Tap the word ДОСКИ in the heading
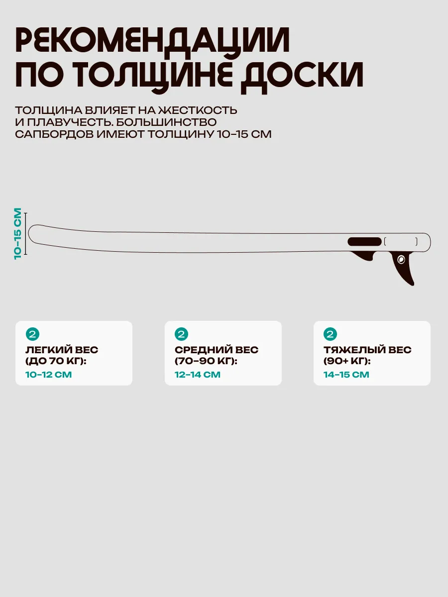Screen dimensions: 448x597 [303, 76]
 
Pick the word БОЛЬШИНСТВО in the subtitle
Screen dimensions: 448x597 [166, 122]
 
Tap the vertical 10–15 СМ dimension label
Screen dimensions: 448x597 [18, 234]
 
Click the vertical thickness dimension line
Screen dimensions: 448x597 [26, 234]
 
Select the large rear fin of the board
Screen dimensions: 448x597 [403, 268]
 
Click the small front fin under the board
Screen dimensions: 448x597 [364, 256]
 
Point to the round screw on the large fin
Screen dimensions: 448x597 [401, 260]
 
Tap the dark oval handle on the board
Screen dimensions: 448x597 [364, 241]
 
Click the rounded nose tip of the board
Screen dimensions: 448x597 [29, 233]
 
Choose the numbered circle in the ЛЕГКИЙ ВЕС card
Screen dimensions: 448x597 [33, 334]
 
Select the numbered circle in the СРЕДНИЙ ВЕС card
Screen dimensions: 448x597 [181, 334]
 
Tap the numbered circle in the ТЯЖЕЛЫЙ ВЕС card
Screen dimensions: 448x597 [330, 334]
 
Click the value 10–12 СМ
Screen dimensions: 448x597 [48, 375]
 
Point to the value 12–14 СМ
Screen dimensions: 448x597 [198, 375]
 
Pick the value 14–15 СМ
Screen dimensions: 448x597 [346, 375]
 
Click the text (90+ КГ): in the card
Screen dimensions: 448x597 [347, 361]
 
